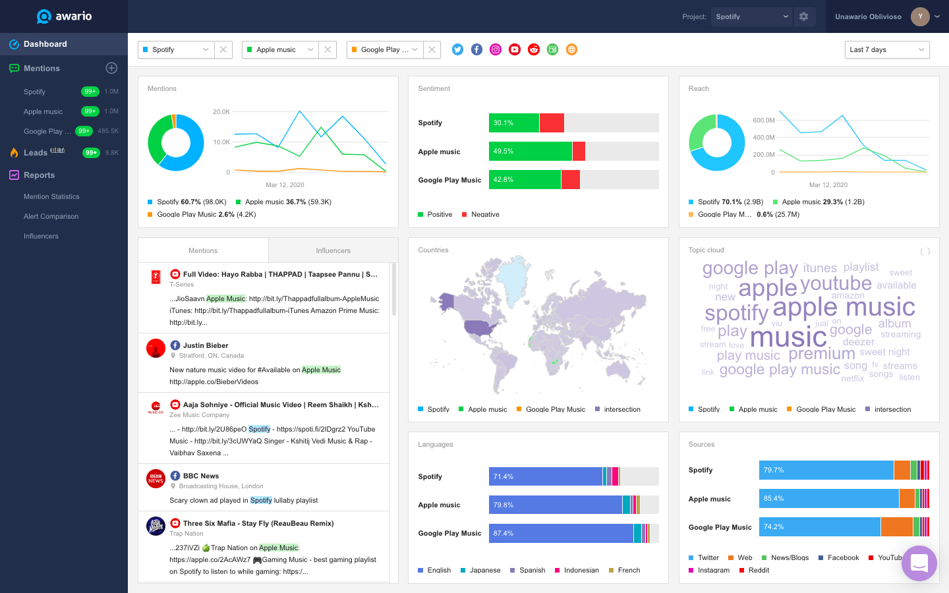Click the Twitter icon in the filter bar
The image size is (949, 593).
click(457, 49)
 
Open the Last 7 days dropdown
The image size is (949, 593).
click(886, 49)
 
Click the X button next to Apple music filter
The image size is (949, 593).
click(328, 49)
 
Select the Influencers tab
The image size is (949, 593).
click(333, 250)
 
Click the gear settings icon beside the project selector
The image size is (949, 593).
click(803, 16)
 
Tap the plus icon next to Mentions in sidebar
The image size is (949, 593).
click(111, 68)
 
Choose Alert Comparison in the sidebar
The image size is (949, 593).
click(51, 216)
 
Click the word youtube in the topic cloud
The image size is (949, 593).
click(836, 283)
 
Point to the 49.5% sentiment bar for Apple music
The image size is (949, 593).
click(530, 152)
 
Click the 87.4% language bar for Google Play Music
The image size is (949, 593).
click(560, 534)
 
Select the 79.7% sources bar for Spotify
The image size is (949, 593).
click(826, 470)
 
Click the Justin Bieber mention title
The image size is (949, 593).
click(206, 345)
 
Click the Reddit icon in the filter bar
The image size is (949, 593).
click(534, 49)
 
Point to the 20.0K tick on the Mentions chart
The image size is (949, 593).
click(221, 112)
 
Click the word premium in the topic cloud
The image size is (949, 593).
click(821, 354)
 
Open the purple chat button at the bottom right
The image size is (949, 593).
click(919, 563)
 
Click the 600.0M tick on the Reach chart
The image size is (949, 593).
click(764, 121)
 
